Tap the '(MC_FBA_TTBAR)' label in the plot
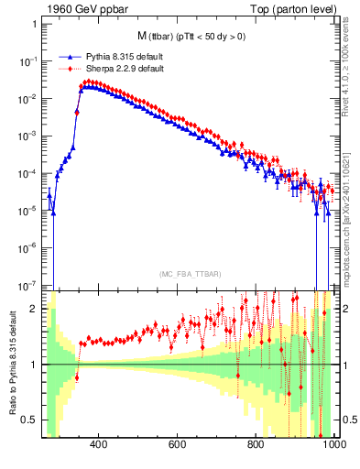click(189, 275)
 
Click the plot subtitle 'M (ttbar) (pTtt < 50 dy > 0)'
click(189, 37)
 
